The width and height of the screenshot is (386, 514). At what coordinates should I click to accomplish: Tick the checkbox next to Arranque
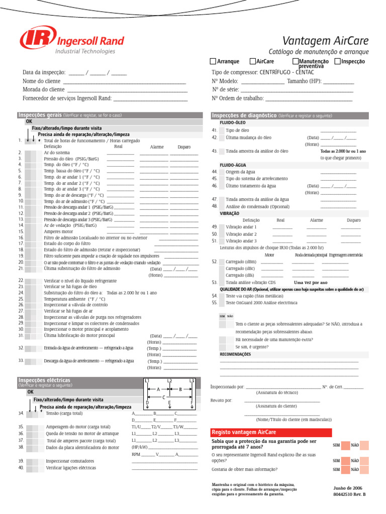(x=213, y=61)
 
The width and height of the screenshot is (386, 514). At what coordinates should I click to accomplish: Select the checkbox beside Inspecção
(x=337, y=61)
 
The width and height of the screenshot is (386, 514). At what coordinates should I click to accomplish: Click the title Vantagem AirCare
(x=325, y=41)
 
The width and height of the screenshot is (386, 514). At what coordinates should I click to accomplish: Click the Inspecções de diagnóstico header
(x=244, y=115)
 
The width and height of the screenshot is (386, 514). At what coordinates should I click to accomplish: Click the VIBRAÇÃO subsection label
(x=229, y=213)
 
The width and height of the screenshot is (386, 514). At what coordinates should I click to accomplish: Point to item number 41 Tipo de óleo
(x=234, y=131)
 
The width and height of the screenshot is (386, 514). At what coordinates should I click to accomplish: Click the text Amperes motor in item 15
(x=58, y=232)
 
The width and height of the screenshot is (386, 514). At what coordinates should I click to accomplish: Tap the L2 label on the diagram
(x=169, y=381)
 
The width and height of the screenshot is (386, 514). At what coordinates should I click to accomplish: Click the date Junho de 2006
(x=347, y=488)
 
